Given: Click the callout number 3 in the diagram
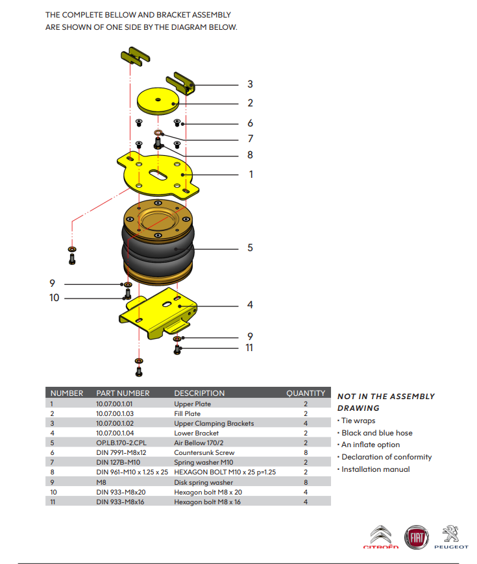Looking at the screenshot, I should click(250, 84).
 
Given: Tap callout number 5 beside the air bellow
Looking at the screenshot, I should click(250, 248).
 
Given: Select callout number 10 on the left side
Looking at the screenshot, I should click(54, 298).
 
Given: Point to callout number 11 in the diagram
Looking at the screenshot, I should click(250, 348).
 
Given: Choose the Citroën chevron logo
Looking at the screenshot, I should click(381, 535).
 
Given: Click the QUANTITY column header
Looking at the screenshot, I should click(306, 393).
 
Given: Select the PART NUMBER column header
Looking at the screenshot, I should click(123, 393).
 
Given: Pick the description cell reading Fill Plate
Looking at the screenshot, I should click(187, 413).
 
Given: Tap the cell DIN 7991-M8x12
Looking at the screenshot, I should click(121, 452).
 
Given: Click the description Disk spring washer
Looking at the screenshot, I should click(204, 482).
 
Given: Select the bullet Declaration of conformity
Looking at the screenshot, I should click(386, 457).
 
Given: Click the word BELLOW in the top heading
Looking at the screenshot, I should click(135, 14).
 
